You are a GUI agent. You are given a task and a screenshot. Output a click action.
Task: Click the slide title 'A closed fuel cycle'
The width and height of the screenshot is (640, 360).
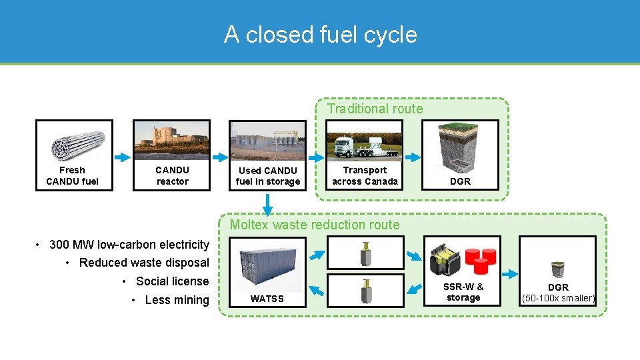pos(320,34)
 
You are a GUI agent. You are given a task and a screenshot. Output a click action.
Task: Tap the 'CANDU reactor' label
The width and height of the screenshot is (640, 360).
pos(172,176)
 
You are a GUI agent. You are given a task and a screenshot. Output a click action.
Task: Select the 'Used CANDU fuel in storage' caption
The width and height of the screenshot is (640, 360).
pos(268,176)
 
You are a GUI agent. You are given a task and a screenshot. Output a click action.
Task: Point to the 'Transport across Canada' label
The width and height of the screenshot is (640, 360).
pos(365,176)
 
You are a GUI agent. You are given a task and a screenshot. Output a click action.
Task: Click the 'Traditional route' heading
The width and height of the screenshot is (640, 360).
pos(375,109)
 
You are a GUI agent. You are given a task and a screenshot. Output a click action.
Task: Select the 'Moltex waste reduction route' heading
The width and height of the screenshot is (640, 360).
pos(315,225)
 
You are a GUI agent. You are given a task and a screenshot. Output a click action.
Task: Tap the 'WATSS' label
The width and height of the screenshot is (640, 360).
pos(267,299)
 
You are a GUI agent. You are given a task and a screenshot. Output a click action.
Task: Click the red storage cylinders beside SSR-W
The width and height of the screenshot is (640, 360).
pos(482,260)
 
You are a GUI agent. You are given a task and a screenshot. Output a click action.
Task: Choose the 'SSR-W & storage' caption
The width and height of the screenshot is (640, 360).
pos(463,292)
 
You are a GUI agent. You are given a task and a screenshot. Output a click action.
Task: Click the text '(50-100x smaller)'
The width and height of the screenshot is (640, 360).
pos(558,298)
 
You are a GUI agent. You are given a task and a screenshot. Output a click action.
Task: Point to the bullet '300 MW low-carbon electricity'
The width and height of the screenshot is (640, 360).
pos(129,244)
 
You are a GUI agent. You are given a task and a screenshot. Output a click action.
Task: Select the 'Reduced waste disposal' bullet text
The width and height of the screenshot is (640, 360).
pos(143,263)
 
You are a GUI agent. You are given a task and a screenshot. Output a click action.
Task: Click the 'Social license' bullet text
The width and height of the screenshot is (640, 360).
pos(172,281)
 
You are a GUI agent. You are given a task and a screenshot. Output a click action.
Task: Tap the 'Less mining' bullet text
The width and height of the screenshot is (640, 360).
pos(177,300)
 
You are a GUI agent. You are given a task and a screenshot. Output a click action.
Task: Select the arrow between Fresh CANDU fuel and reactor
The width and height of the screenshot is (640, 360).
pos(123,157)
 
